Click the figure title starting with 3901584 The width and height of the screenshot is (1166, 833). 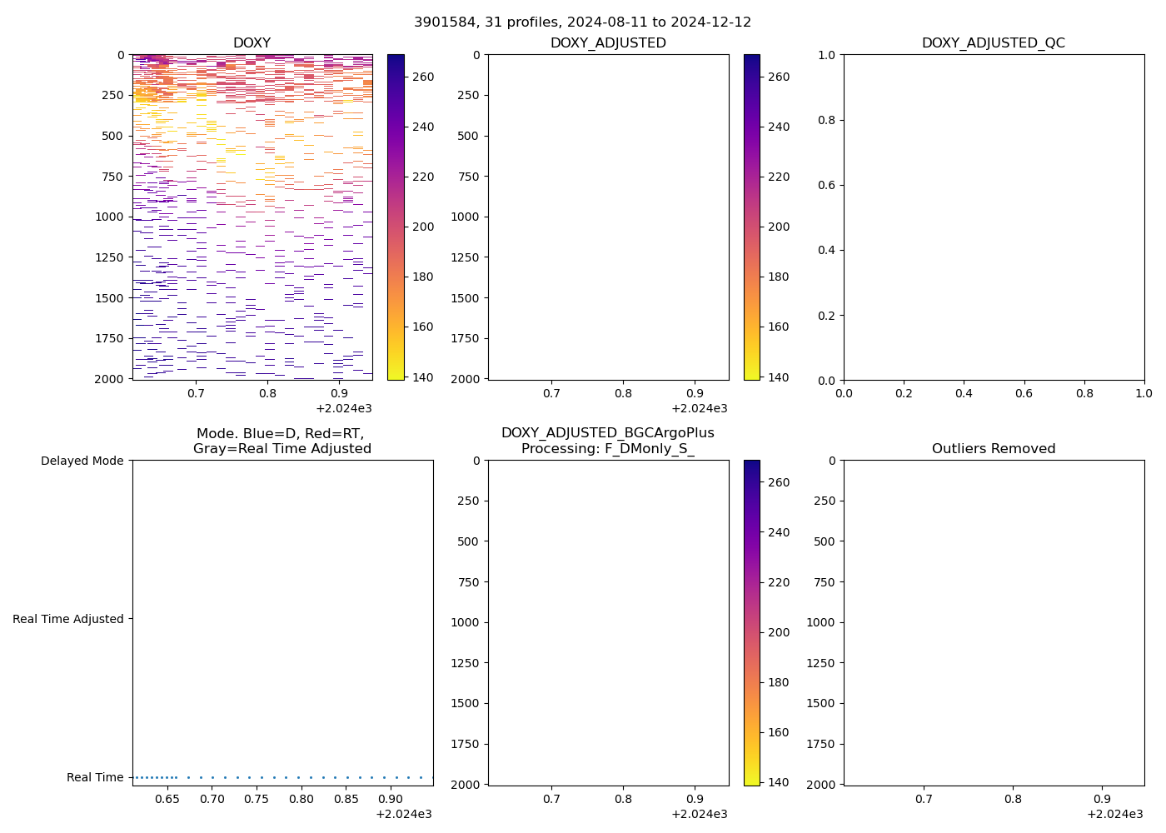582,22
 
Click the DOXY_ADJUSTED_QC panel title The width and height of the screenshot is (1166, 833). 993,43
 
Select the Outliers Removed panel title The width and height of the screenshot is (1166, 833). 993,449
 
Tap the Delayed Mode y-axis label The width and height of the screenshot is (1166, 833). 82,461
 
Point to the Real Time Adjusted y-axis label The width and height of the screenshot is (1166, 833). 68,619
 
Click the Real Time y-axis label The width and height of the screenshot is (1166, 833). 95,777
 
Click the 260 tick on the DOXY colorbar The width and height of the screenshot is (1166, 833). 423,77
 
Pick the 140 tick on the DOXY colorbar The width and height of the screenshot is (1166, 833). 423,377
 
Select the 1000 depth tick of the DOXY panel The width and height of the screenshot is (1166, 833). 109,217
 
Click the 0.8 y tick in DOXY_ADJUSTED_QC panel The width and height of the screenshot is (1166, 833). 826,120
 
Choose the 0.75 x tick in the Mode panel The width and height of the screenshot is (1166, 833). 257,799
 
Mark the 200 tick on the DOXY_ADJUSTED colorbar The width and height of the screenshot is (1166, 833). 779,227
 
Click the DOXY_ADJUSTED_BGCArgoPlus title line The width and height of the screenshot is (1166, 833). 607,433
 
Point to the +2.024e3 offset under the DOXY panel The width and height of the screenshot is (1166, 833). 343,408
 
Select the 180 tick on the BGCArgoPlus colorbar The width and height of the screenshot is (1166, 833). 779,682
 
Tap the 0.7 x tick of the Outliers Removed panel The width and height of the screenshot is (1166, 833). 924,799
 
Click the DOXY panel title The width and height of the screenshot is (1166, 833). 252,43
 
